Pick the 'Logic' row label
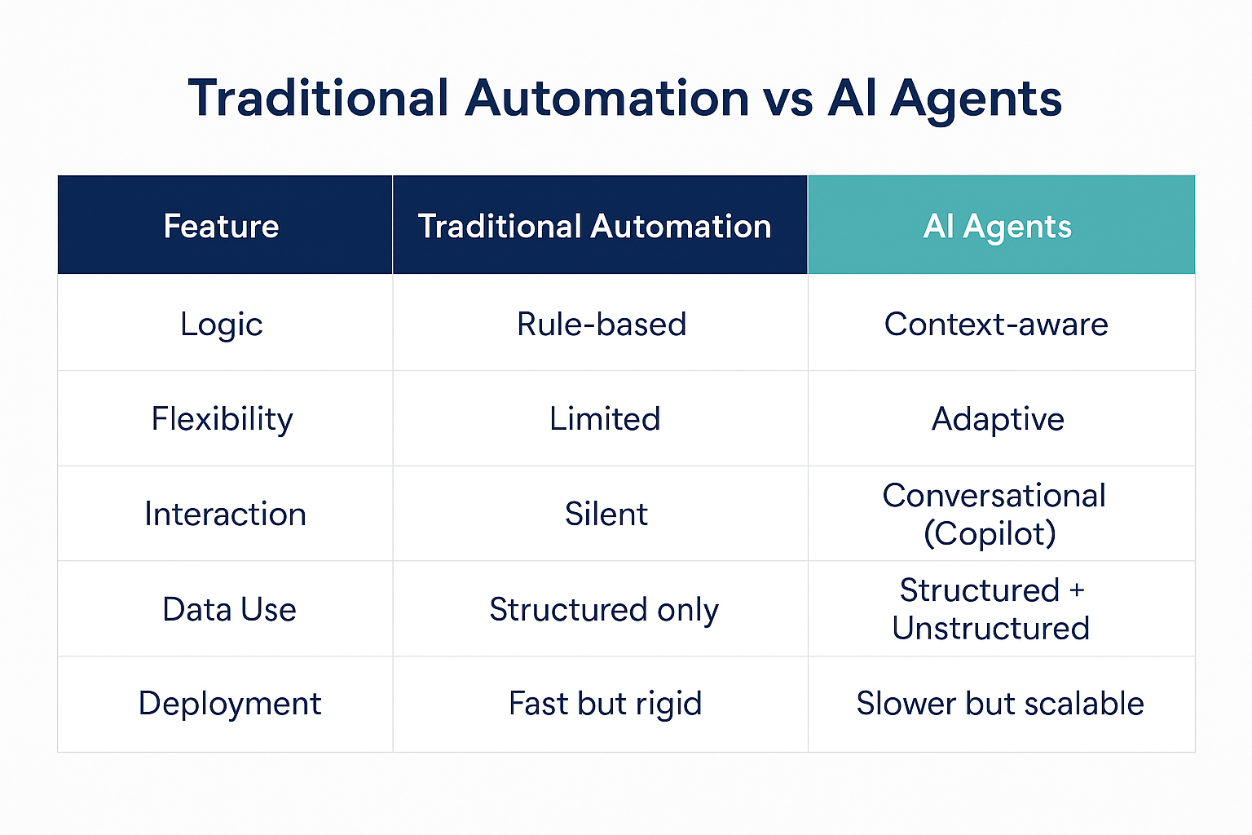(222, 325)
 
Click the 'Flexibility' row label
(222, 420)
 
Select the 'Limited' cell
(605, 419)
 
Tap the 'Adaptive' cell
(998, 420)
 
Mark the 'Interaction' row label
(225, 514)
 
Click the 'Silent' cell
(606, 514)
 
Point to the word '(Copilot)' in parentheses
(990, 533)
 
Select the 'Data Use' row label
(229, 609)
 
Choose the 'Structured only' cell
(604, 610)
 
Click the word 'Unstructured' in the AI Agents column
(991, 628)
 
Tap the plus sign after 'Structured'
(1077, 590)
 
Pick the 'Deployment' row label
(230, 705)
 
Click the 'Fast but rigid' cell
(606, 705)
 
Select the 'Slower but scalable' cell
(1000, 704)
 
